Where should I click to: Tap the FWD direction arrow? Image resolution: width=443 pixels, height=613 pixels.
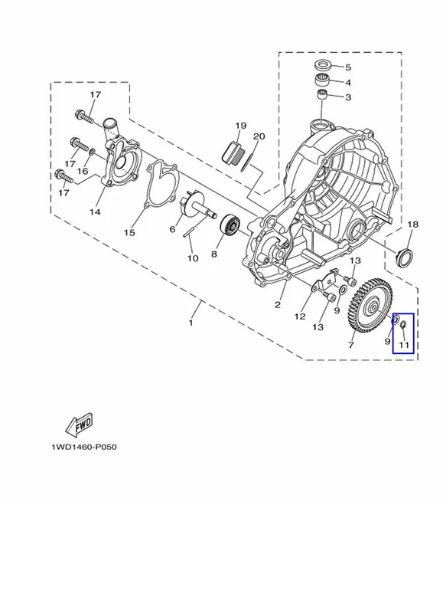click(79, 424)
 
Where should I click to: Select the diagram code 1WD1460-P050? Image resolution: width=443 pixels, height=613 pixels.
click(84, 447)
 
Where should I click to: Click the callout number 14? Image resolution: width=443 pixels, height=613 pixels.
click(95, 212)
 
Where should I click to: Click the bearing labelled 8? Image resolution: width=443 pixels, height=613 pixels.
click(230, 225)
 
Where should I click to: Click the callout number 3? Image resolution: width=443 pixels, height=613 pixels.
click(348, 97)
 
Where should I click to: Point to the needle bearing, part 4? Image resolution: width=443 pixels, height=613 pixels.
click(323, 80)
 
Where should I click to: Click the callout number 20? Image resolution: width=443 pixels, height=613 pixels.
click(259, 136)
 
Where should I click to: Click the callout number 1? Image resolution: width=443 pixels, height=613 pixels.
click(191, 323)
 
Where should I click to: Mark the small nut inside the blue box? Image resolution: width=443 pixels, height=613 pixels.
click(404, 323)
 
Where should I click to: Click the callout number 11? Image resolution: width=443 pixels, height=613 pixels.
click(404, 345)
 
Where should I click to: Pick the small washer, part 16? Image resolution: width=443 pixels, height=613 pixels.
click(93, 151)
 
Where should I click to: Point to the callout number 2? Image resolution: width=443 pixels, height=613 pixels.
click(278, 304)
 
